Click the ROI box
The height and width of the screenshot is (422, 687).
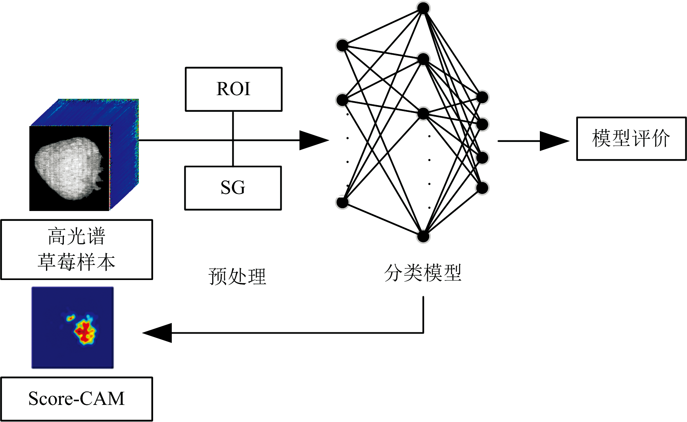pos(234,89)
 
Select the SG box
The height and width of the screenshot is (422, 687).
pos(233,188)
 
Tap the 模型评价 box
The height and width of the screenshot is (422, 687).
pos(631,138)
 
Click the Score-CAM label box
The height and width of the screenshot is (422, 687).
pos(77,399)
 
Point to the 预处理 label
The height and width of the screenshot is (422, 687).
pos(237,276)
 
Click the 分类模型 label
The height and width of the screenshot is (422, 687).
pos(423,273)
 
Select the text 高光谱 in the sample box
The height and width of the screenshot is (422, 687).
pos(77,236)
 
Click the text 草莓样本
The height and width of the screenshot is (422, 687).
pos(77,262)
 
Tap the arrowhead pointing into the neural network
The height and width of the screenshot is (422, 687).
pos(313,140)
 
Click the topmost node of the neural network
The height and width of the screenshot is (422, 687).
pos(423,8)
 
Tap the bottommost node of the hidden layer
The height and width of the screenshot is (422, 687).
pos(423,236)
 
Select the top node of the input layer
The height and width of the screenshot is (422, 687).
pos(342,46)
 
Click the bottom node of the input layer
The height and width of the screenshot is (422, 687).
pos(342,202)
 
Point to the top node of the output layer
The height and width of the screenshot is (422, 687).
pos(482,97)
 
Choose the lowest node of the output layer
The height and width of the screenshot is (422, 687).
pos(482,188)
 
